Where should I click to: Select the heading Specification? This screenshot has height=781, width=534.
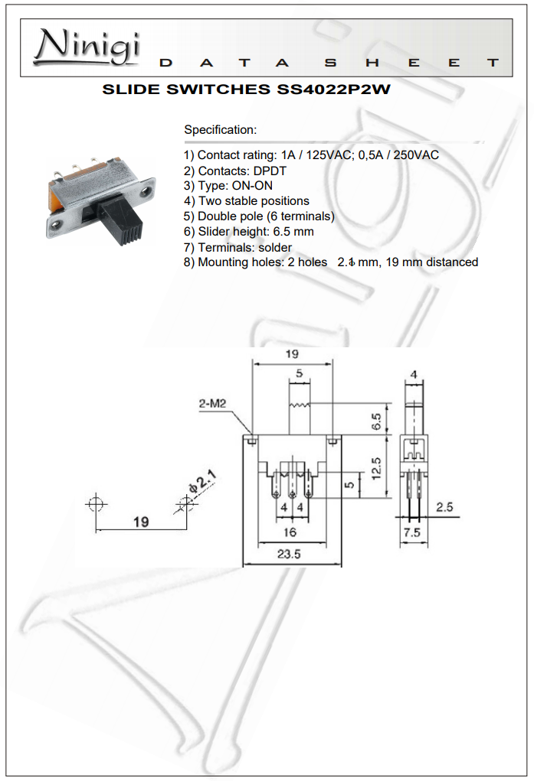point(220,130)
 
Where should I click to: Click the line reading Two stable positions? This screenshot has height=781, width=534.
point(254,201)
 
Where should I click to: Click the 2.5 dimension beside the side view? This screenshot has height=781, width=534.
point(444,506)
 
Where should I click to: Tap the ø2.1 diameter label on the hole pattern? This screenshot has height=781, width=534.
point(202,483)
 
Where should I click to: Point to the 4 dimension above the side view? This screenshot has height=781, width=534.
point(414,375)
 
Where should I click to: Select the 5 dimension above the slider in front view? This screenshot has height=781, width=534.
point(299,374)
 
